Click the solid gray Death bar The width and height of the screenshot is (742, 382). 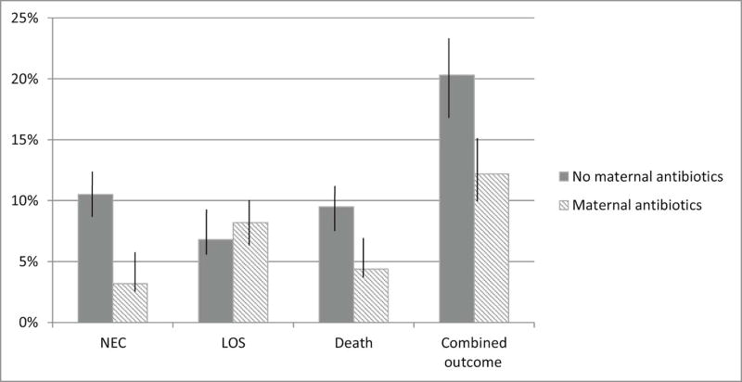click(x=335, y=264)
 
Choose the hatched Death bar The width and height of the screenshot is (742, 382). click(x=370, y=296)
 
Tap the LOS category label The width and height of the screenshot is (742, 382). click(x=232, y=343)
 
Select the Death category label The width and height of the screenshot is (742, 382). click(x=352, y=343)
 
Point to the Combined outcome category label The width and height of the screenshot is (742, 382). click(x=473, y=351)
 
